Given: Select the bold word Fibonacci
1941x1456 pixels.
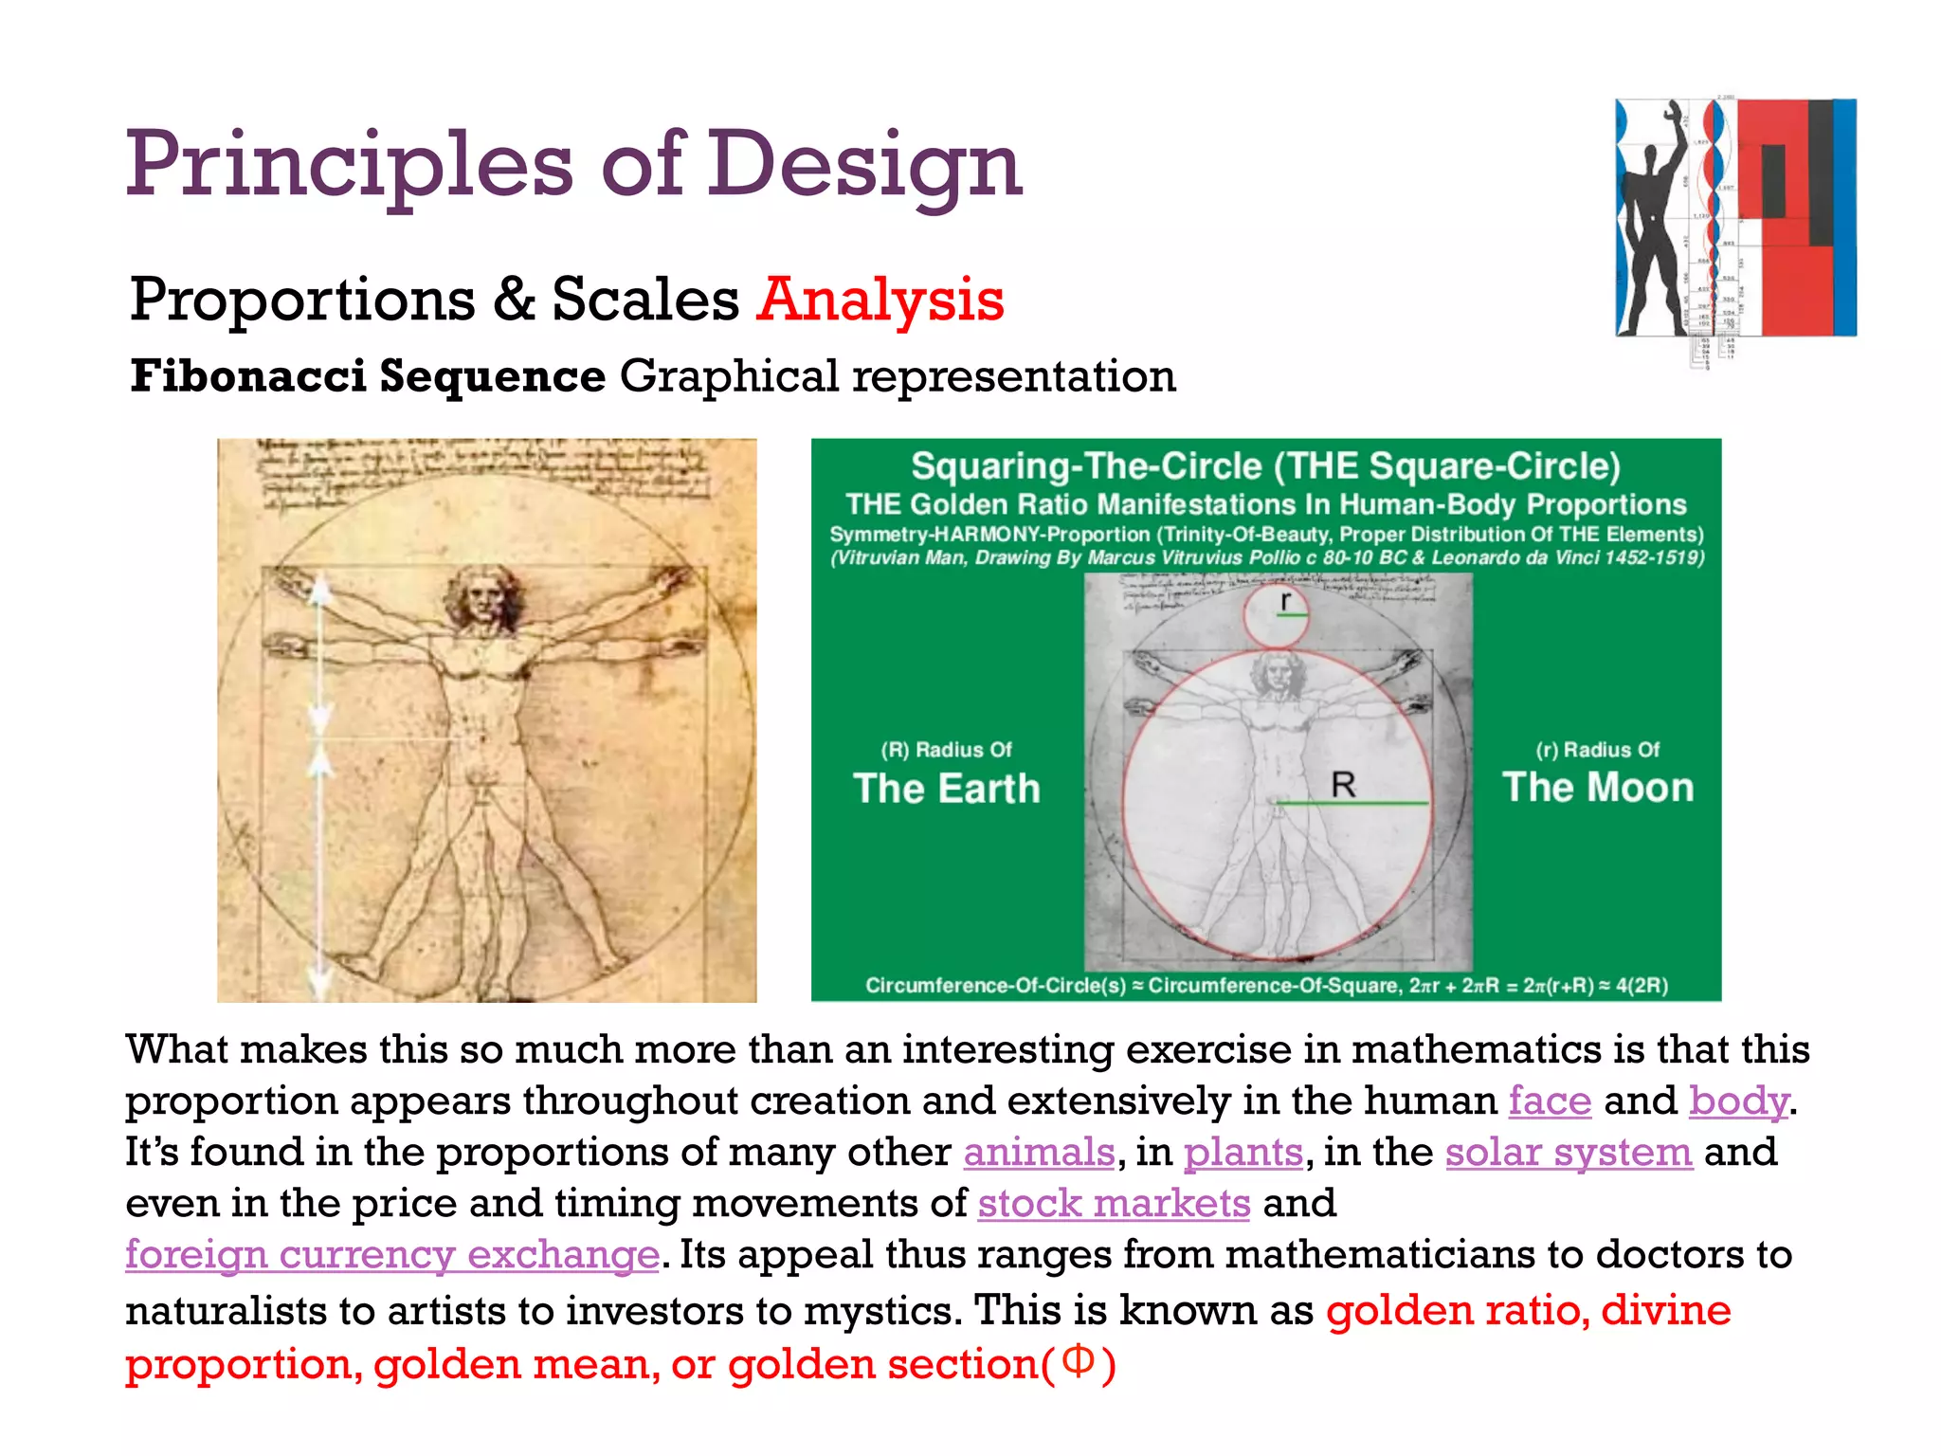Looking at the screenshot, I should pos(248,376).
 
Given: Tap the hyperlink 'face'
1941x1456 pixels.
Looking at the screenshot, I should pos(1550,1101).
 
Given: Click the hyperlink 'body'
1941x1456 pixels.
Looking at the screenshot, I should pos(1738,1101).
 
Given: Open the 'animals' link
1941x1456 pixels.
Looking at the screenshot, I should pos(1039,1153).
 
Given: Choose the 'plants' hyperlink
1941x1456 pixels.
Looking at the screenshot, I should pos(1243,1153).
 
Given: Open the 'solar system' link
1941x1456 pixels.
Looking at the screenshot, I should pos(1569,1153).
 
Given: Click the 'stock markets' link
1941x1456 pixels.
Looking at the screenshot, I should pos(1114,1204).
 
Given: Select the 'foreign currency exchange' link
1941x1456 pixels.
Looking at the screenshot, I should pos(392,1255).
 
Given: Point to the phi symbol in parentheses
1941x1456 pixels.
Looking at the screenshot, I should pos(1078,1361).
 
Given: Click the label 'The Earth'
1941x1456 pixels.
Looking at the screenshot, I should pos(946,789).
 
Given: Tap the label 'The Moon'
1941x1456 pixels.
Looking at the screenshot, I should pos(1598,788).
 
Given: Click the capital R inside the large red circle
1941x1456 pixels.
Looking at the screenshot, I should pos(1343,785).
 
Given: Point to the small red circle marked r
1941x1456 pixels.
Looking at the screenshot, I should pos(1276,614).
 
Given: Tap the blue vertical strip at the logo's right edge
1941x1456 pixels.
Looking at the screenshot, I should pos(1843,217).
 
